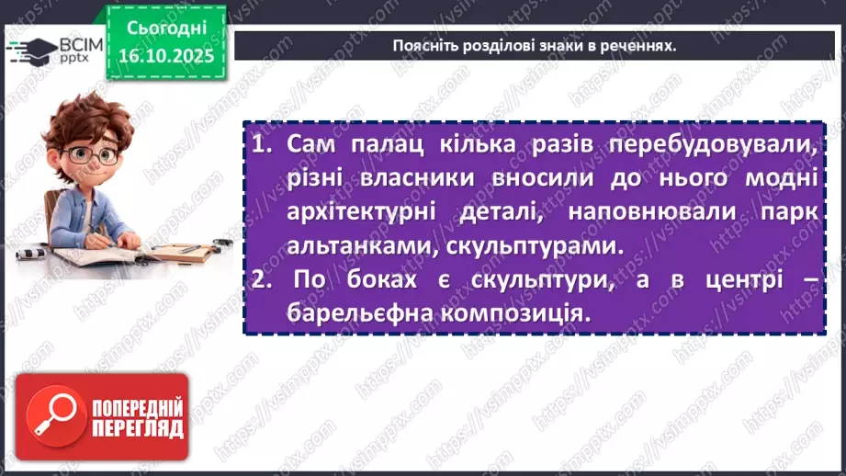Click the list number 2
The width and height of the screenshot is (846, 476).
pos(260,279)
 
